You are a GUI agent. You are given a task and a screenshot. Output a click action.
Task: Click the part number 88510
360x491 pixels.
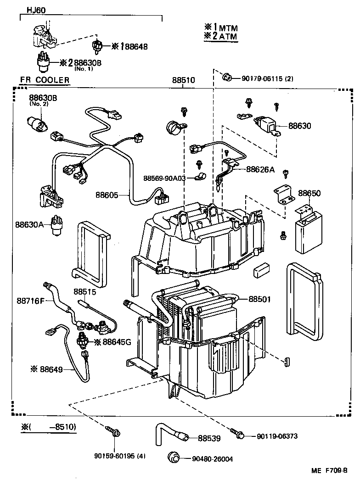pyautogui.click(x=184, y=80)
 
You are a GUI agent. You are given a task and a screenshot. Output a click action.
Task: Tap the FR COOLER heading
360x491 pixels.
pyautogui.click(x=45, y=80)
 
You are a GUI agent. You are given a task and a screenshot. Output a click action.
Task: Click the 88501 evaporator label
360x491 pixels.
pyautogui.click(x=260, y=299)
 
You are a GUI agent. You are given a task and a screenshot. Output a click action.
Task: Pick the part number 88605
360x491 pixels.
pyautogui.click(x=107, y=195)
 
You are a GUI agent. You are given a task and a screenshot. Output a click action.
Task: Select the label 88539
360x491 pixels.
pyautogui.click(x=209, y=438)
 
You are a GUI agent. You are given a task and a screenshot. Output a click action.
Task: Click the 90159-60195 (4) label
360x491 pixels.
pyautogui.click(x=120, y=456)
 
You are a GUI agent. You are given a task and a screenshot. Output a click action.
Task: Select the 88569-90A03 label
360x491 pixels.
pyautogui.click(x=164, y=178)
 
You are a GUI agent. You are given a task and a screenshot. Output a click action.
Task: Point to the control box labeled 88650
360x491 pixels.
pyautogui.click(x=308, y=232)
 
